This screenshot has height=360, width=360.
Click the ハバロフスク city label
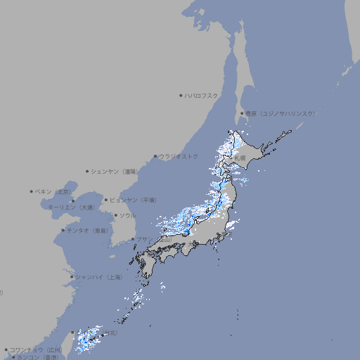pos(202,95)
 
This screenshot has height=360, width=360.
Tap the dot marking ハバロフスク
pos(181,95)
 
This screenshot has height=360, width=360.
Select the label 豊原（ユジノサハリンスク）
pos(280,113)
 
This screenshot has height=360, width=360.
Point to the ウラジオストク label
pos(179,156)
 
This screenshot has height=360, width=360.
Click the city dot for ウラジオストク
pos(156,156)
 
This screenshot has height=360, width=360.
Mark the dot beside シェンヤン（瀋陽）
pos(88,171)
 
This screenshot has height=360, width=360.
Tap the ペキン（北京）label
pos(53,191)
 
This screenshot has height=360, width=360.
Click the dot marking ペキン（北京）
pos(32,191)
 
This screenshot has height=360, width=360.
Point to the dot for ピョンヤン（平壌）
pos(107,200)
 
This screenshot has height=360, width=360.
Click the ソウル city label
pos(127,215)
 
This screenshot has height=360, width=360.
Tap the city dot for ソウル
pos(115,215)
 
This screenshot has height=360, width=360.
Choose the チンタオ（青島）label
pos(87,231)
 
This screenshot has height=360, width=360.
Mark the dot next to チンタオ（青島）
pos(63,231)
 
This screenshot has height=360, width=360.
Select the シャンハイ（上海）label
pos(98,277)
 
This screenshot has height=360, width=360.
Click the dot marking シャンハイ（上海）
pos(72,277)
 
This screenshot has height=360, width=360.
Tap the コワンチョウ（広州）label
pos(35,349)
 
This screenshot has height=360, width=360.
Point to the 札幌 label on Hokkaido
pos(240,159)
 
